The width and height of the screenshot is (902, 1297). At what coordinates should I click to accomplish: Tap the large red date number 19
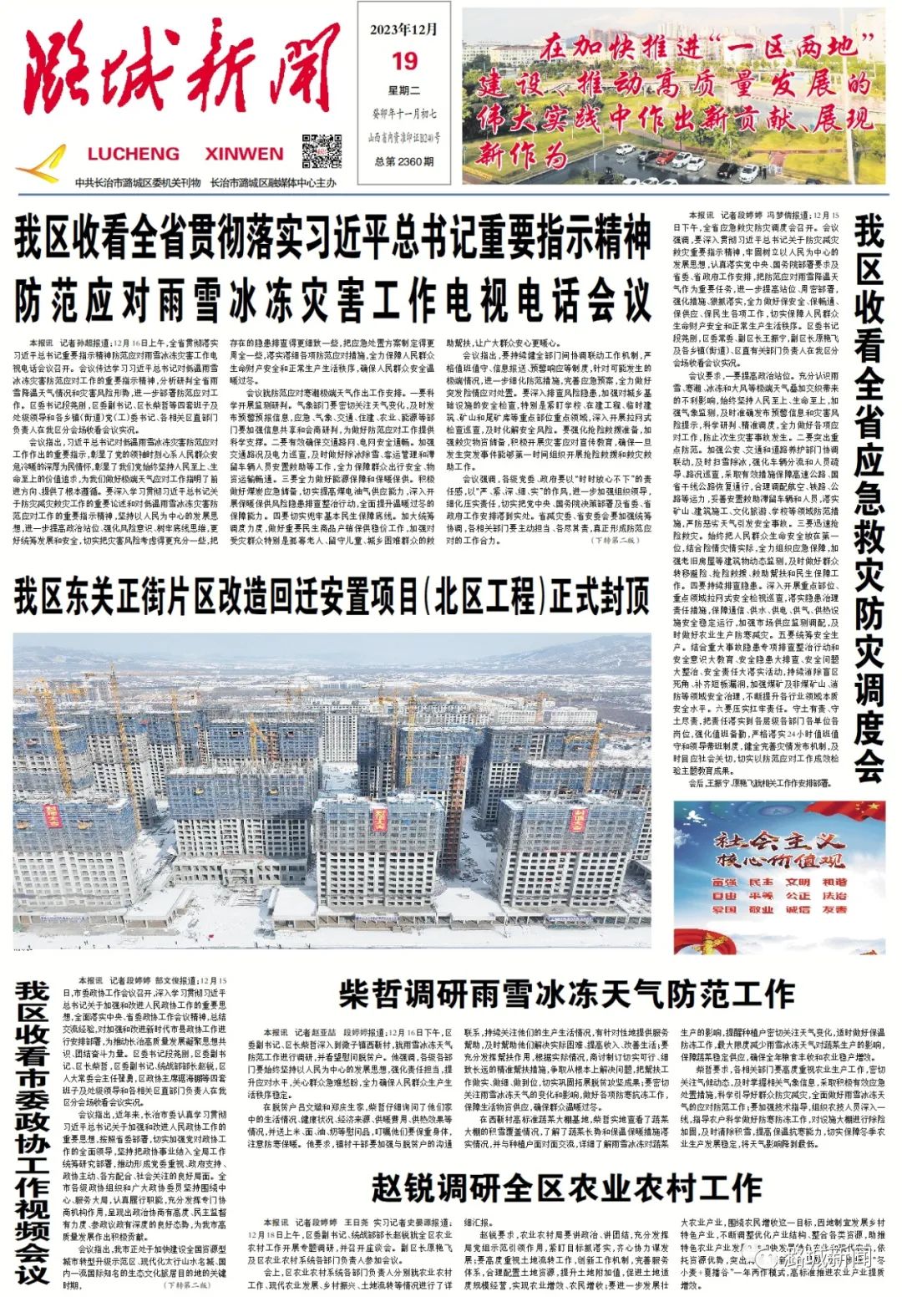tap(404, 61)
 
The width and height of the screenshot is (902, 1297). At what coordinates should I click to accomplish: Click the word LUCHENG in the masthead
tap(134, 154)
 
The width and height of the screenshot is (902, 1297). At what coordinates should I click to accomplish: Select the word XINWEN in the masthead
tap(244, 154)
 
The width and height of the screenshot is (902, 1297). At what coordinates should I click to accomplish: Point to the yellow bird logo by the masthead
tap(42, 162)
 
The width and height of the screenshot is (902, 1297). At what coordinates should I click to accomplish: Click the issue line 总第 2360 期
tap(404, 161)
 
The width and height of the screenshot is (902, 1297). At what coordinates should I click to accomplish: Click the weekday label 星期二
tap(404, 90)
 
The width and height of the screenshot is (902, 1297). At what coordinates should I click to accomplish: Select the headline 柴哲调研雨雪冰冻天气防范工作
tap(565, 994)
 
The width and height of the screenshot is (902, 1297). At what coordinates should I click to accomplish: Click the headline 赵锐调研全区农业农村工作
tap(565, 1187)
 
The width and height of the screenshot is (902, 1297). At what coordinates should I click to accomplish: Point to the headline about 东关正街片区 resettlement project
tap(331, 598)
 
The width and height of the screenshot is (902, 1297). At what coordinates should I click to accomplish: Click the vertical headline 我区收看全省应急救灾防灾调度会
tap(869, 497)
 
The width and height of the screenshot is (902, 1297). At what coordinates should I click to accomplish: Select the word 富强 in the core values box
tap(724, 882)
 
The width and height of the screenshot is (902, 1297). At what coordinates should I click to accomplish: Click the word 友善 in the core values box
tap(834, 909)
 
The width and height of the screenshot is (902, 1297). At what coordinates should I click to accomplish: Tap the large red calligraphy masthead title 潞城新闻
tap(182, 75)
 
